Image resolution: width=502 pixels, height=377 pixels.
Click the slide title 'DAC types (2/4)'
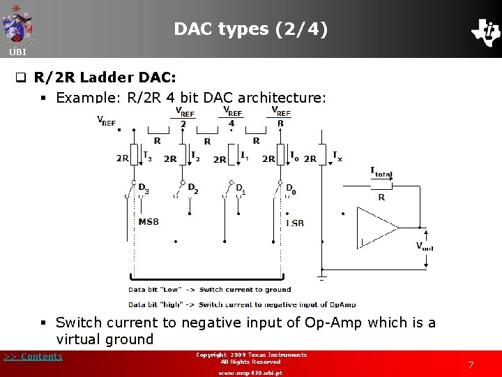tap(250, 29)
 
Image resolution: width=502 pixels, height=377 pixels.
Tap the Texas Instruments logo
tap(485, 31)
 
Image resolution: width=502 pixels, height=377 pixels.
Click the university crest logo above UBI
tap(17, 25)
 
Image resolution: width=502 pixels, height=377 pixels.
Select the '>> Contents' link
tap(33, 357)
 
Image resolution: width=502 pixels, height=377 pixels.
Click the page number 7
tap(471, 365)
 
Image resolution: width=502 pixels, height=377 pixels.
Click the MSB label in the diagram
tap(148, 222)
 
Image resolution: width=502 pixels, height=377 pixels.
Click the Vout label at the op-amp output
tap(425, 246)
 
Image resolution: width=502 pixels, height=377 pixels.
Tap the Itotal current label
tap(381, 173)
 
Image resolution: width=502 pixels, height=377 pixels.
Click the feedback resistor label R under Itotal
tap(381, 198)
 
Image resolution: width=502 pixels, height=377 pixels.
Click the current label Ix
tap(337, 156)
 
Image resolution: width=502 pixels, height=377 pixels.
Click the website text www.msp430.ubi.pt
tap(250, 373)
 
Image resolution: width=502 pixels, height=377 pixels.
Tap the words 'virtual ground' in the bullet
tap(105, 340)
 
